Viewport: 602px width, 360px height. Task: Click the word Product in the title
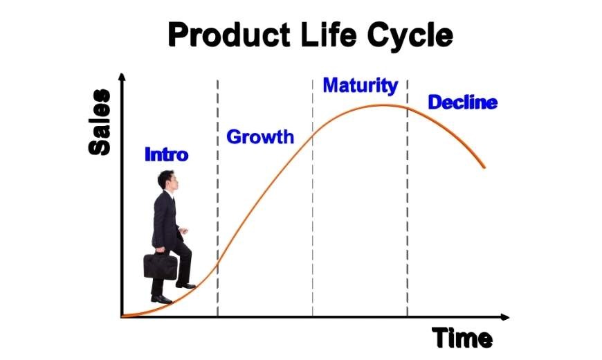(x=229, y=35)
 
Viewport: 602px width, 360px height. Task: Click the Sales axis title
(x=100, y=122)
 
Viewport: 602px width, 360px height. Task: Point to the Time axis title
(x=462, y=338)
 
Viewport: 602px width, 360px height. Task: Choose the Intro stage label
(x=167, y=154)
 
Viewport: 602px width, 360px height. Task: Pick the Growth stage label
(x=260, y=137)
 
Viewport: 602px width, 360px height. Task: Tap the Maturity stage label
(x=361, y=86)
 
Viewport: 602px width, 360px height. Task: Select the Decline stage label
(x=463, y=102)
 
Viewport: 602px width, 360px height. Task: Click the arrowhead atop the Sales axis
(x=122, y=76)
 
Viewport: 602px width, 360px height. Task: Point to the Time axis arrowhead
(x=505, y=317)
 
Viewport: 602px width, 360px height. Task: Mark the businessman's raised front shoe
(x=186, y=285)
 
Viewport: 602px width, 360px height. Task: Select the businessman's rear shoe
(x=161, y=299)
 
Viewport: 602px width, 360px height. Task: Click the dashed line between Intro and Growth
(x=218, y=198)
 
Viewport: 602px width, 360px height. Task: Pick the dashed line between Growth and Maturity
(x=313, y=198)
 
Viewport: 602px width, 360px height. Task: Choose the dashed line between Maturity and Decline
(x=408, y=198)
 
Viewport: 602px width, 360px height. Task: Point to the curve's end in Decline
(x=484, y=167)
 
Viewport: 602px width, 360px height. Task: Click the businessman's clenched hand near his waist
(x=183, y=231)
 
